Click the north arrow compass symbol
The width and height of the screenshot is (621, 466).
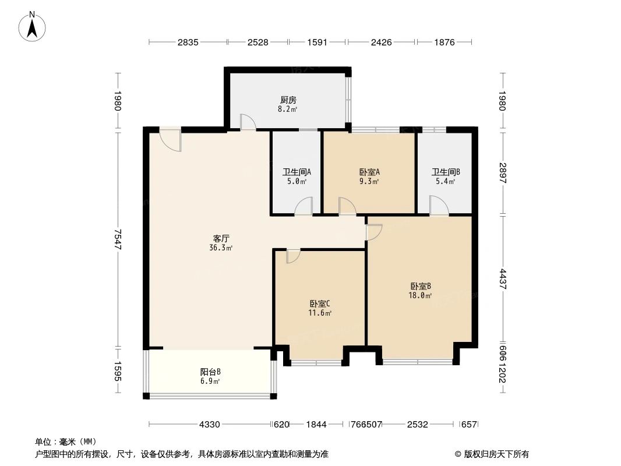click(x=33, y=26)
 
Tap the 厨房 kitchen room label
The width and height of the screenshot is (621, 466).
click(x=288, y=100)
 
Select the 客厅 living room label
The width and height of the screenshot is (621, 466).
click(x=221, y=238)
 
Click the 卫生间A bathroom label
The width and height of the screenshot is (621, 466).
click(x=297, y=172)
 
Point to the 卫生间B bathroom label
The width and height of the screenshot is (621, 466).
click(x=446, y=172)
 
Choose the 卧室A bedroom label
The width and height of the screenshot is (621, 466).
click(x=369, y=172)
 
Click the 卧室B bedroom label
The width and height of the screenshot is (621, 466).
click(x=420, y=286)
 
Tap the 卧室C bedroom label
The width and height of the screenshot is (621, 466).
click(x=320, y=303)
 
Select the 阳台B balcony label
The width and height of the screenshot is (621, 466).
click(x=210, y=372)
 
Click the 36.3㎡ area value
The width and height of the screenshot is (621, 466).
click(x=221, y=248)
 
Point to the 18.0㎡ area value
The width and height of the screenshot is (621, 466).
click(x=420, y=295)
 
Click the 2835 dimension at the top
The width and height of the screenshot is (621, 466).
click(x=188, y=42)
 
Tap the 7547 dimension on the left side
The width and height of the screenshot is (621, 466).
click(x=118, y=239)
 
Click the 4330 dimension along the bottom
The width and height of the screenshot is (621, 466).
click(x=210, y=425)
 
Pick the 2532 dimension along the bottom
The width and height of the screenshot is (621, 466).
click(x=418, y=425)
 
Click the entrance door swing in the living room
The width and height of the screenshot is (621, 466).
click(x=171, y=140)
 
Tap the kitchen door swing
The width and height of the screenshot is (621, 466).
click(x=248, y=121)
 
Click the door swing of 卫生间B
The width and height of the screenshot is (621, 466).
click(x=439, y=206)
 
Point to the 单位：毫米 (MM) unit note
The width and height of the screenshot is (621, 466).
click(x=65, y=442)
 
